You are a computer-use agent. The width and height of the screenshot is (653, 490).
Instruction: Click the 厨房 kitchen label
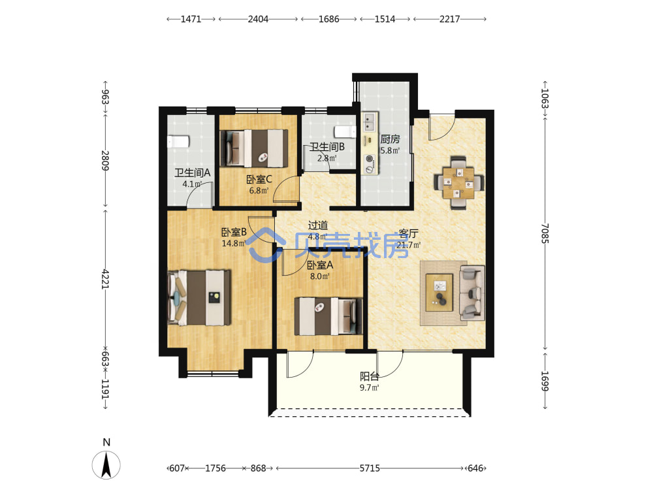tap(390, 139)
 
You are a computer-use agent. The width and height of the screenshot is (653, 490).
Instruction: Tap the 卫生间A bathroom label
tap(193, 172)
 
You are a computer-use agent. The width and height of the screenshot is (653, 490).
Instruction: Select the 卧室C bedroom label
tap(259, 180)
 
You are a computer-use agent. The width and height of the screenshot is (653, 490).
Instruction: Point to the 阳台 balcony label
tap(370, 377)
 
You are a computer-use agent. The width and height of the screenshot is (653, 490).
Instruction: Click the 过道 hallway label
tap(318, 225)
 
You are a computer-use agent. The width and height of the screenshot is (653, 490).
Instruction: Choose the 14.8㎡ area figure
tap(234, 243)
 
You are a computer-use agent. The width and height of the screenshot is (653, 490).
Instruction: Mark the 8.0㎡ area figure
tap(320, 276)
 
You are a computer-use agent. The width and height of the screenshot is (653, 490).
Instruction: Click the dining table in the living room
tap(458, 183)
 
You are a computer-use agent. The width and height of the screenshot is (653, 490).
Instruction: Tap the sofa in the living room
tap(472, 293)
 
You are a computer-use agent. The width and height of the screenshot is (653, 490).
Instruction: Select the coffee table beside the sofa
tap(439, 293)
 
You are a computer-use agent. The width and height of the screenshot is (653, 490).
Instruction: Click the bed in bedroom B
tap(199, 297)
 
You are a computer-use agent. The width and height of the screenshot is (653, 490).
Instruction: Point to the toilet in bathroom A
tap(178, 141)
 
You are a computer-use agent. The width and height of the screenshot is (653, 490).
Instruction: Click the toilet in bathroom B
tap(345, 132)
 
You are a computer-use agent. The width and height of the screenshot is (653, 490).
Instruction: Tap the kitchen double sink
tap(369, 122)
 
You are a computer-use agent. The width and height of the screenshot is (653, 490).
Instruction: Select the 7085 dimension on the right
tap(545, 233)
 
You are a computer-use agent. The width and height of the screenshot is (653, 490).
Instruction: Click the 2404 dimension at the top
tap(258, 19)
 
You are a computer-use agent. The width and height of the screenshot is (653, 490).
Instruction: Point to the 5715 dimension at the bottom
tap(370, 468)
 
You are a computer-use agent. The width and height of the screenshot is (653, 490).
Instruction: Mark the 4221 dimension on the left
tap(105, 279)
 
